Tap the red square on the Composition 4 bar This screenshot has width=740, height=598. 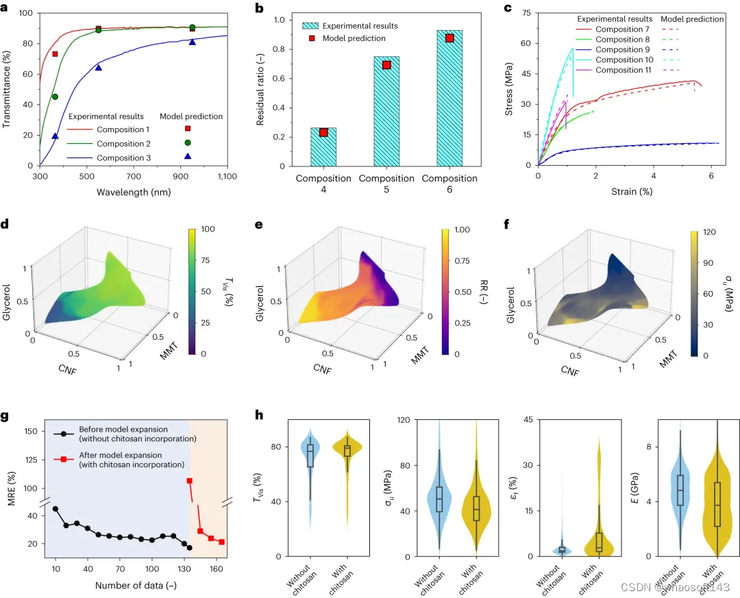click(323, 133)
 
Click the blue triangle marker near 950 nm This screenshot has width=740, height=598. click(192, 42)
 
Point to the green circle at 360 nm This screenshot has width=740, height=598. click(55, 97)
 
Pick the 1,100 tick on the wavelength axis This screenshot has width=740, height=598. click(227, 177)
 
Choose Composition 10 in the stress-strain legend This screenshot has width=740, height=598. click(623, 60)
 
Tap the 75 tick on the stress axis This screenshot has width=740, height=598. click(528, 12)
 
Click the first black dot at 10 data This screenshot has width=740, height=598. click(56, 509)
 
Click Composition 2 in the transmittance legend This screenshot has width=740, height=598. click(123, 144)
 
